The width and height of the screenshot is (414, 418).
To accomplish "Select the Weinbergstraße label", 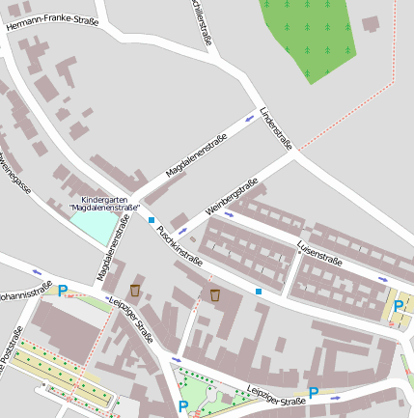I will (232, 198).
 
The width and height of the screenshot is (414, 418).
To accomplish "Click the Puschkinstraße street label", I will (179, 245).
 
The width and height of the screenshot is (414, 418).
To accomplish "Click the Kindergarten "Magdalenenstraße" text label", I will (105, 204).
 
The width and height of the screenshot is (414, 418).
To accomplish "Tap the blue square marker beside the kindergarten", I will (152, 220).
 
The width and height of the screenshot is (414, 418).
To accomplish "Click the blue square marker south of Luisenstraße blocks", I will (259, 291).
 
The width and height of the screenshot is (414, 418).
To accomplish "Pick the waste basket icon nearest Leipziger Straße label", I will (135, 290).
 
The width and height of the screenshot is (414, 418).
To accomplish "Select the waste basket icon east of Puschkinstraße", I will (214, 294).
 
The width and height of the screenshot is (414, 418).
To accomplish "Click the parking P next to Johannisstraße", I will (63, 291).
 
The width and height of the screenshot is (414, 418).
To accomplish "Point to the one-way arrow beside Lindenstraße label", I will (250, 118).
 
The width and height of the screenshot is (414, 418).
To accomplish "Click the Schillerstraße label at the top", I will (203, 21).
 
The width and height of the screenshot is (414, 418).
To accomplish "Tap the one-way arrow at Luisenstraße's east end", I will (383, 280).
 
